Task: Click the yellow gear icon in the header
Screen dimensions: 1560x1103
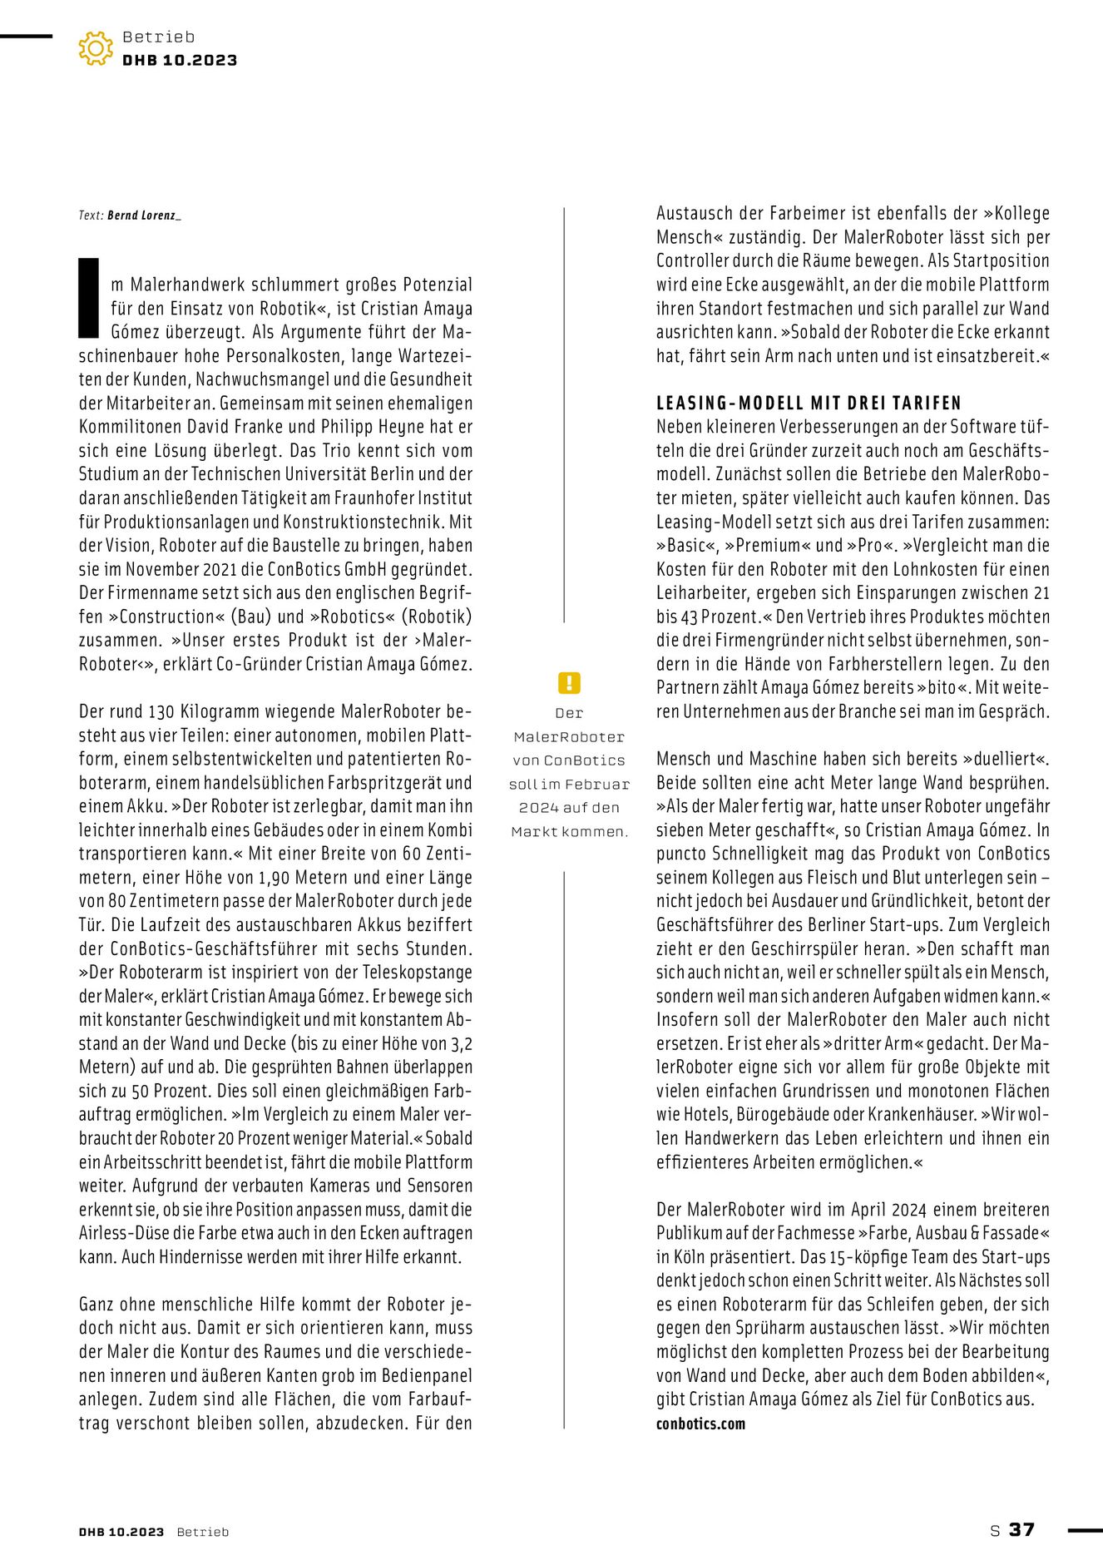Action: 96,48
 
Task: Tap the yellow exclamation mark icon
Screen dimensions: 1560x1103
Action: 569,683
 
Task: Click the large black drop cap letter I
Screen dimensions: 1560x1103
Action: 89,298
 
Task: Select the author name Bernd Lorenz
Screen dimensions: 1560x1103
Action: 143,215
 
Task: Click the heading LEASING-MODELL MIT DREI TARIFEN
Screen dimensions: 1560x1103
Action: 809,404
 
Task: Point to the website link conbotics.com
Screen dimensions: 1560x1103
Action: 700,1424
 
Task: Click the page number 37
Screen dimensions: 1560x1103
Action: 1021,1530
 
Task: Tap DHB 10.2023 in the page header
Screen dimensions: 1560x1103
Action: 180,60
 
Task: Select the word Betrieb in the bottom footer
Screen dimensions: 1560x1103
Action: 202,1532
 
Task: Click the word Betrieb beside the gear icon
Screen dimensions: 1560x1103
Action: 158,37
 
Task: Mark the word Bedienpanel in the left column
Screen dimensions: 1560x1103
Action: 425,1376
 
